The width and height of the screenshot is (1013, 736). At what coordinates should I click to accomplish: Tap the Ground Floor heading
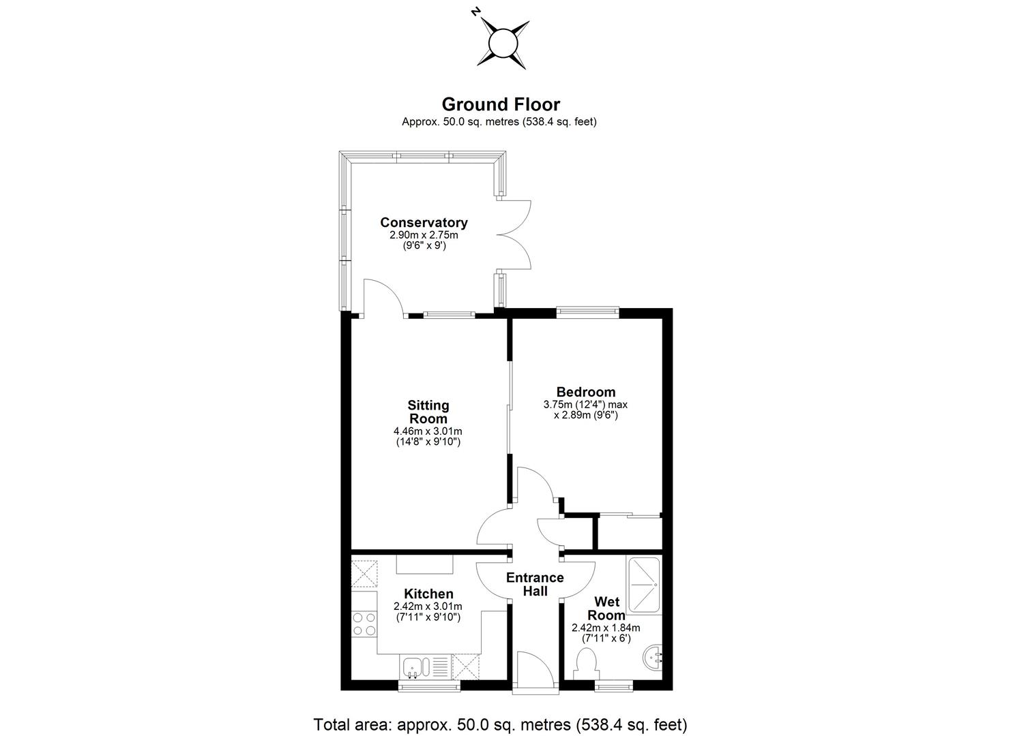click(501, 104)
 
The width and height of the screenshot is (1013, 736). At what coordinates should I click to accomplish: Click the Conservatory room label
click(424, 222)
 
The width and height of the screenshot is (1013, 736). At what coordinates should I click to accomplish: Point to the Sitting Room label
click(428, 412)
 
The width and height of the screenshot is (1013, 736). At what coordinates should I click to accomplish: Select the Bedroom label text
click(586, 392)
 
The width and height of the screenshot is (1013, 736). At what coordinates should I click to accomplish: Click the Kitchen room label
click(428, 594)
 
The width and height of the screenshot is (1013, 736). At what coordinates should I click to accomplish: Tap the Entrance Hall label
click(535, 585)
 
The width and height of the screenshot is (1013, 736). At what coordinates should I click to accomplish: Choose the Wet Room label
click(606, 608)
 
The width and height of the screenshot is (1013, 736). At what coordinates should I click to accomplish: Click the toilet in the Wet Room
click(585, 663)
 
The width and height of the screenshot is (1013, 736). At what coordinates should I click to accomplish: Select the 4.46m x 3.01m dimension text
click(428, 431)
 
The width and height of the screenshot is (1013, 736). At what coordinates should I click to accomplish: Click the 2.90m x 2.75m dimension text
click(424, 235)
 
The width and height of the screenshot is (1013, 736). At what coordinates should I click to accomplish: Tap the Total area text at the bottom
click(500, 724)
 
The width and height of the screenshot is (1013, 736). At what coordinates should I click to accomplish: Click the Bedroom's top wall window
click(587, 313)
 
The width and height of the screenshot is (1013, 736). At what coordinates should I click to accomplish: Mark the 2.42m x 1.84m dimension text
click(606, 628)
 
